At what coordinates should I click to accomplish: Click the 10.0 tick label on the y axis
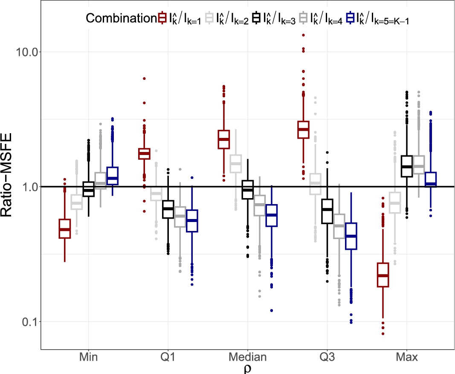coord(26,52)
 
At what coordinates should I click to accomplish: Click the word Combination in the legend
coord(119,18)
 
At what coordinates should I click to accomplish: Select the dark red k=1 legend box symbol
coord(162,18)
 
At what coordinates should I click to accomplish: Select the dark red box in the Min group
coord(64,229)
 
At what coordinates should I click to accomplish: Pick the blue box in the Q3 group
coord(351,236)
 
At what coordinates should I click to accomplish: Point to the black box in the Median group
coord(248,189)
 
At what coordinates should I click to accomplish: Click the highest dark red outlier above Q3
coord(303,35)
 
